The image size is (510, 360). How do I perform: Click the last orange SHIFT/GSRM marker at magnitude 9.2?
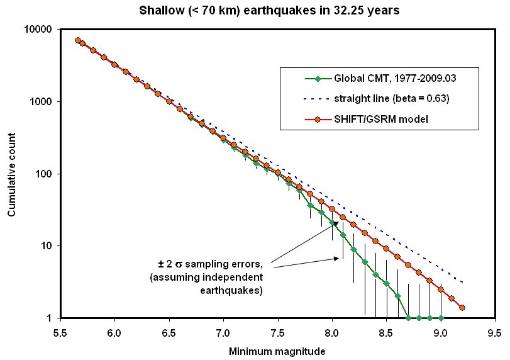462,308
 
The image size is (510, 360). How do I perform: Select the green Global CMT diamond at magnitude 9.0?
441,318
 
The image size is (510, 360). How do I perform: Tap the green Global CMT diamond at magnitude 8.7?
408,318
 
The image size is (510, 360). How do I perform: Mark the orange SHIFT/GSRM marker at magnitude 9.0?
441,290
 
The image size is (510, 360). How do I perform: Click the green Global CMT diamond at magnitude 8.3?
365,262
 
